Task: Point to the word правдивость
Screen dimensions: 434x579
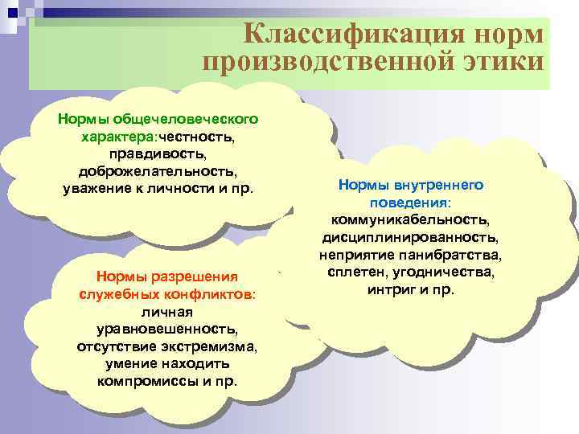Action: click(x=158, y=154)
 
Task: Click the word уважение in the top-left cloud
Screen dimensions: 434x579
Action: click(x=99, y=190)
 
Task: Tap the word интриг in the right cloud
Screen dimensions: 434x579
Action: click(x=389, y=289)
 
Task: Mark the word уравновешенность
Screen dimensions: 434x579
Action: click(x=166, y=330)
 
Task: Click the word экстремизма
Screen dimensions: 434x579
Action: click(x=212, y=347)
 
